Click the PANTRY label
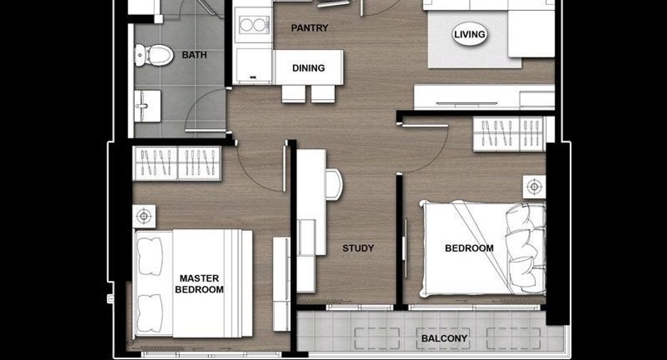[309, 28]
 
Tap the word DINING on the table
[309, 68]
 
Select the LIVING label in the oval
[469, 34]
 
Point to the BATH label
[195, 55]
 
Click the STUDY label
[358, 248]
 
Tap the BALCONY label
[444, 339]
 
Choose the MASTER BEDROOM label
[199, 284]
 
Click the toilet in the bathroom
[154, 56]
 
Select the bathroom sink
[148, 106]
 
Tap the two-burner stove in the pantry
[254, 25]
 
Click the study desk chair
[334, 184]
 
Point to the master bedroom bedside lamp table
[144, 217]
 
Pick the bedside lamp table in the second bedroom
[534, 187]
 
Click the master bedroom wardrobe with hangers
[177, 163]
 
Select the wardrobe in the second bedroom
[509, 134]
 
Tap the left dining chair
[294, 93]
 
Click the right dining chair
[323, 93]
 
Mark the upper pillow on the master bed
[150, 257]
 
